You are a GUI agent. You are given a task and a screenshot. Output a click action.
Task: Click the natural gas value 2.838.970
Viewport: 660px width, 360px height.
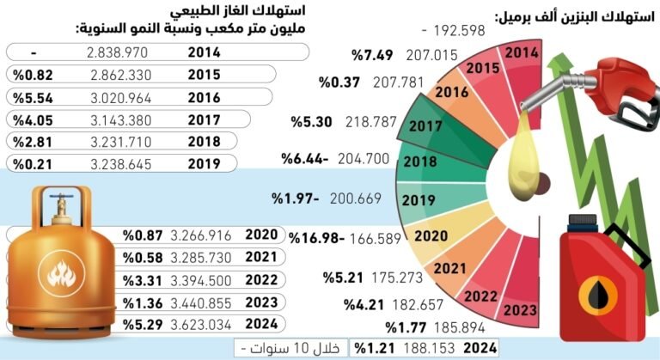[x=119, y=52]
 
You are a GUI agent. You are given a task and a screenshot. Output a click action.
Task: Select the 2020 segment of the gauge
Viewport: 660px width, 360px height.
[x=431, y=235]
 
